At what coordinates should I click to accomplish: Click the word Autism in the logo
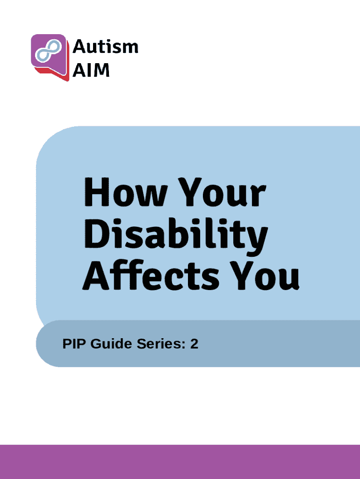105,46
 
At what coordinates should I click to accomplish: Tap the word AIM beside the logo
91,70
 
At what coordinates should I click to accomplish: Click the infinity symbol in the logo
48,51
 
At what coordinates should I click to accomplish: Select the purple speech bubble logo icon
50,57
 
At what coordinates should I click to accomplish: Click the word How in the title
125,192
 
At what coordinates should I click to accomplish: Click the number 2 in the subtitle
194,344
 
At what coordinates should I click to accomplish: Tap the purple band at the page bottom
180,462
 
